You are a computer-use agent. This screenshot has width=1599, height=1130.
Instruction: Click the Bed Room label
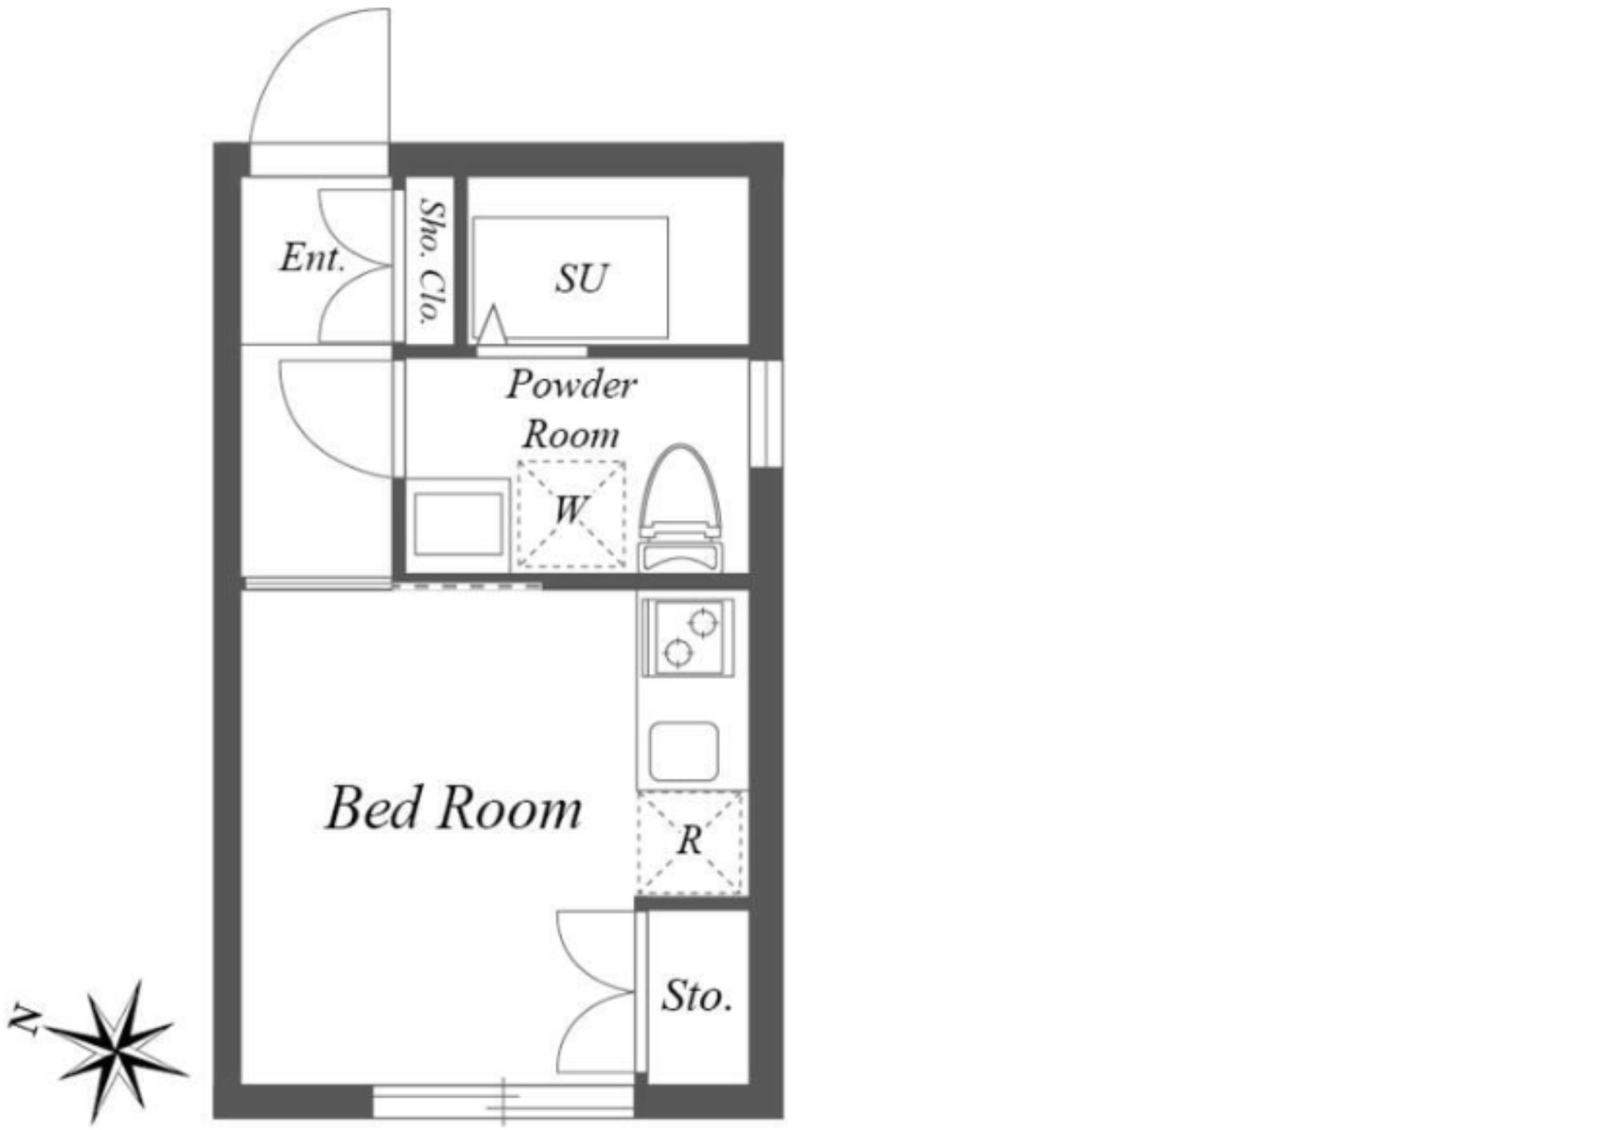tap(453, 808)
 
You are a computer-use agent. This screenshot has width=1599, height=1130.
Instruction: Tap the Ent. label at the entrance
tap(313, 257)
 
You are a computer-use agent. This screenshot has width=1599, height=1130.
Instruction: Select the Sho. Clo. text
tap(432, 261)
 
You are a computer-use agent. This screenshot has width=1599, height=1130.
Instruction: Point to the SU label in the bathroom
tap(582, 278)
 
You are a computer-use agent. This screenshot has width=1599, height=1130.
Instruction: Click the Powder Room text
tap(572, 409)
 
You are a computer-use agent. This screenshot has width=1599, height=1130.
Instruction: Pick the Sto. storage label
tap(697, 996)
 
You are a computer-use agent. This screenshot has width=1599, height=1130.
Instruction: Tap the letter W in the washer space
tap(571, 509)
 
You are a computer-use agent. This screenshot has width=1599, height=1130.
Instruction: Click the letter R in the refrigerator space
tap(690, 841)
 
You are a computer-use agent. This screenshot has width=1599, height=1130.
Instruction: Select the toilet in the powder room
tap(680, 508)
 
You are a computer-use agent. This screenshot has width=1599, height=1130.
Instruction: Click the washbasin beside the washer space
tap(458, 524)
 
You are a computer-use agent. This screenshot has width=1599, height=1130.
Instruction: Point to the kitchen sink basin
tap(684, 751)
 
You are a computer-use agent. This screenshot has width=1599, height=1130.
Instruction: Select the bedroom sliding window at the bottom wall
tap(504, 1100)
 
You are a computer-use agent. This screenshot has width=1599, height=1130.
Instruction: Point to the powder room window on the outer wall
tap(767, 413)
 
